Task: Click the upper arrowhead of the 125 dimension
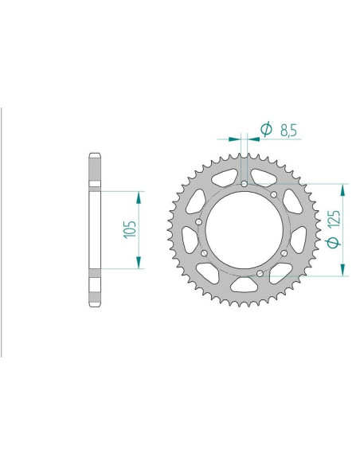[343, 189]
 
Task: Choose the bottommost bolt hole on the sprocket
[261, 275]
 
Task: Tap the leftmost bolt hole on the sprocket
[198, 222]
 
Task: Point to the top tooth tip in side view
[96, 155]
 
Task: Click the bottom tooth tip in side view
[96, 306]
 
